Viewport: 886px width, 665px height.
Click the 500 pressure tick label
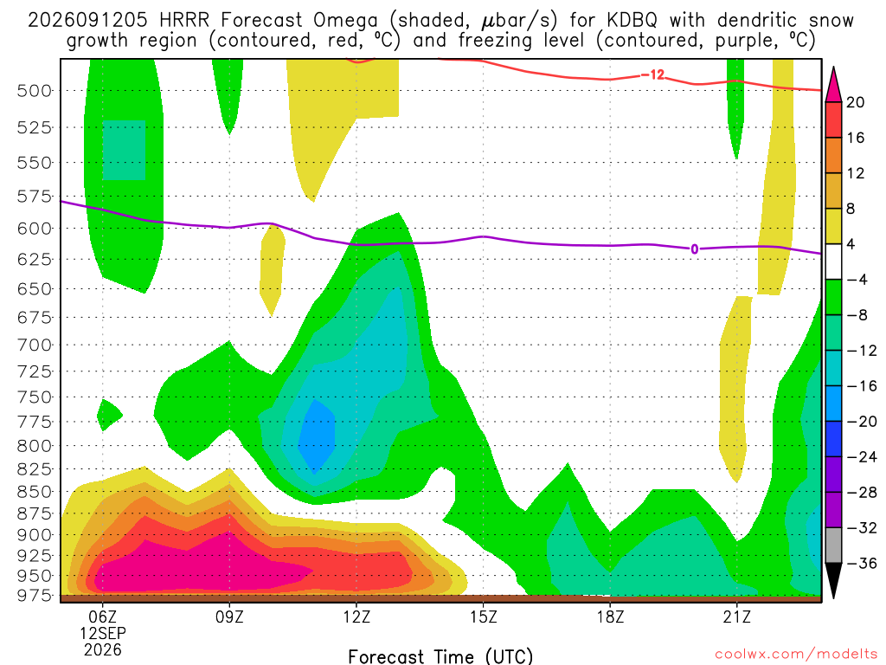35,90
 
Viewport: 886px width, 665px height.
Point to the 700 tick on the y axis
35,345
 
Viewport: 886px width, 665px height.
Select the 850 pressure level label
35,492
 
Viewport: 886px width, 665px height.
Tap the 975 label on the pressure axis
35,596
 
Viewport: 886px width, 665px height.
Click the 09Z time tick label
229,617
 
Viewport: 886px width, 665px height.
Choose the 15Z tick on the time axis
483,617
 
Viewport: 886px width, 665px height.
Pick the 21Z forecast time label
737,617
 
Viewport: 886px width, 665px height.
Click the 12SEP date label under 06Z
103,633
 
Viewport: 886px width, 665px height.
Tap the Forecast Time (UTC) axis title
440,656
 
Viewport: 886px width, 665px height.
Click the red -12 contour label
652,74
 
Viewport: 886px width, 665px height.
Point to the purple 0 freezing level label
695,249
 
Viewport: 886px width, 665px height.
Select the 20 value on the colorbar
855,102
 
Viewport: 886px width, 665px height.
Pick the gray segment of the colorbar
833,546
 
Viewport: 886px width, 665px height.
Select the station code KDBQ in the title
632,21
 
